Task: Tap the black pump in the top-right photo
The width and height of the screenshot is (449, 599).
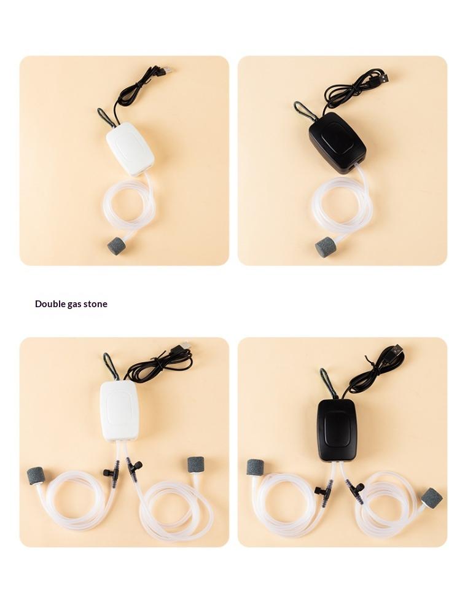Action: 337,143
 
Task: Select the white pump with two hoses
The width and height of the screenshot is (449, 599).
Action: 120,412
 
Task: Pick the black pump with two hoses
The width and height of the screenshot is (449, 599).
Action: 337,430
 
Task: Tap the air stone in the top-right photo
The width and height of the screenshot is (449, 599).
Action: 325,247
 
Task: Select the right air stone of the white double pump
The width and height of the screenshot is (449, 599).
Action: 195,465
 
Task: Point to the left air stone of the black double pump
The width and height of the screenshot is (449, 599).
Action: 254,468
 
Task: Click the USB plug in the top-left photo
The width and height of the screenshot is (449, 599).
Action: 166,71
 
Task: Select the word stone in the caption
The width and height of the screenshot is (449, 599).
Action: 95,304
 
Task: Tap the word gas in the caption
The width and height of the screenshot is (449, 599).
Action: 72,305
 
